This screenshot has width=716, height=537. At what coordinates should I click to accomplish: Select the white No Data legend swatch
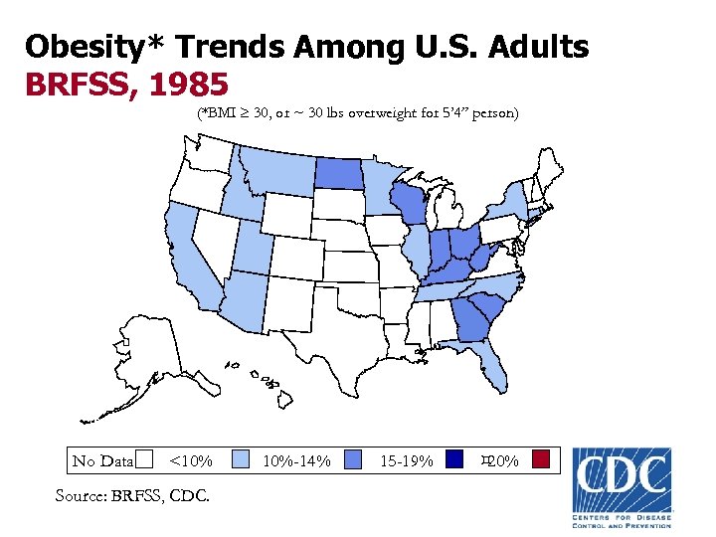[x=145, y=459]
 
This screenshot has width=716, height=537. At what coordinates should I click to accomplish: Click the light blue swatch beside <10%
[x=240, y=459]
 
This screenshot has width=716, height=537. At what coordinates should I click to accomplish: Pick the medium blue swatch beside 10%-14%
[x=353, y=459]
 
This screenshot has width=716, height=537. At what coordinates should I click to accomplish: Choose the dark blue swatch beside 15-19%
[x=455, y=459]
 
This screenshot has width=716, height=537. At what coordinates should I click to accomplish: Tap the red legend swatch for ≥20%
[x=541, y=459]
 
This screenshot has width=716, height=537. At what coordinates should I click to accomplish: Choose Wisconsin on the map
[x=408, y=204]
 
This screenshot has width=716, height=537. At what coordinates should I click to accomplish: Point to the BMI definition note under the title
[x=357, y=113]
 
